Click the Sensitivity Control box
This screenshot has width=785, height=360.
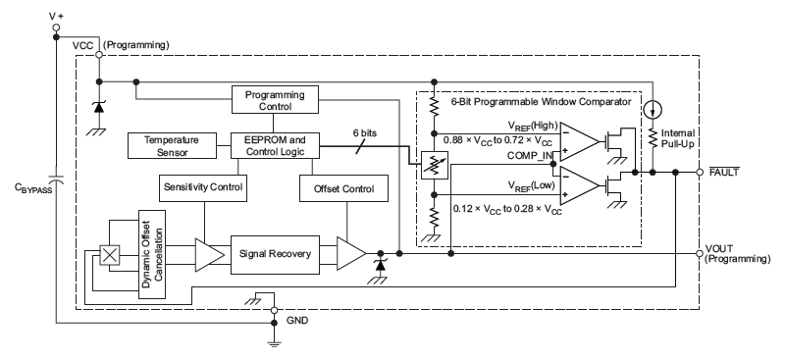(201, 186)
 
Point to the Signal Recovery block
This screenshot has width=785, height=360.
(277, 254)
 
